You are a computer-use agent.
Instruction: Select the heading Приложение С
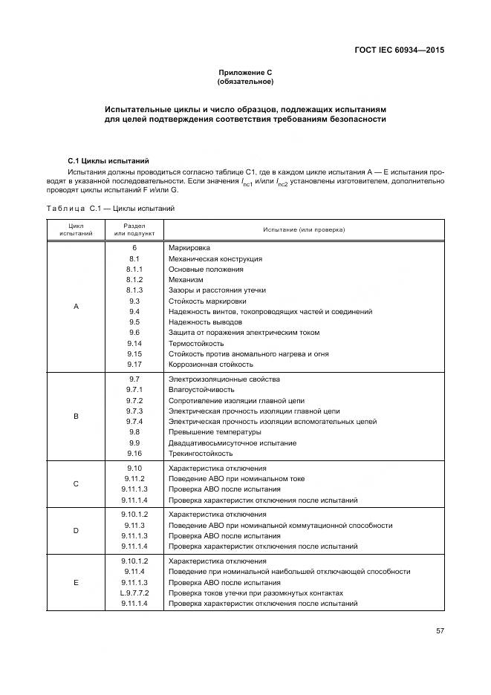245,72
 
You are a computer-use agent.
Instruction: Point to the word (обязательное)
245,81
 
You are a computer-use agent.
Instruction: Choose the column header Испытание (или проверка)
304,229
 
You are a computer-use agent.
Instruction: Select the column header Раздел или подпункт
134,229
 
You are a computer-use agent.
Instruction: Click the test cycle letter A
76,306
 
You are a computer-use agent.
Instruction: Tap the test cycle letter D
76,530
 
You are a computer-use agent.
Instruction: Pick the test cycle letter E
76,583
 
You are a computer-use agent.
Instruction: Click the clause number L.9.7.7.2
134,593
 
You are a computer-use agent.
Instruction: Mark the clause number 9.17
134,365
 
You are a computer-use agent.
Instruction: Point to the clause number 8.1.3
134,290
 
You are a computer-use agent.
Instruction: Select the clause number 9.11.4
134,572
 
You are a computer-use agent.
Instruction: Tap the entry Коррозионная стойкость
211,365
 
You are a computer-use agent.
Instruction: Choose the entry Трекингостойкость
201,453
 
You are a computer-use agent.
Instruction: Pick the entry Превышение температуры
215,432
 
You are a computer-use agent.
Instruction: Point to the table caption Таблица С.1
111,209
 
